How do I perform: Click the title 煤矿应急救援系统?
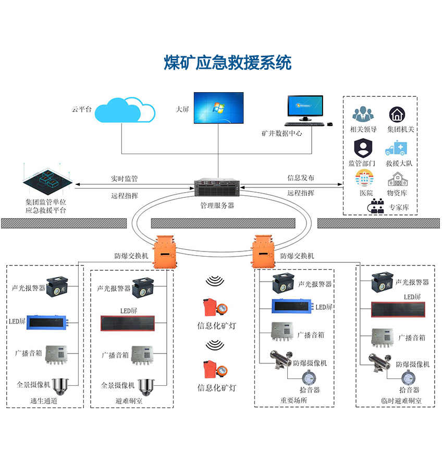coord(228,62)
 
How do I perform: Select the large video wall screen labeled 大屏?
coord(218,108)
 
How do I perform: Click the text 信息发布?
coord(301,178)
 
